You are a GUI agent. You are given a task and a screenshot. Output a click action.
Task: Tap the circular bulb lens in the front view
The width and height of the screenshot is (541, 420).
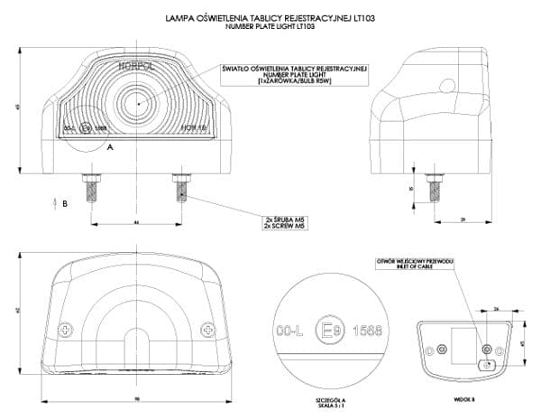click(137, 102)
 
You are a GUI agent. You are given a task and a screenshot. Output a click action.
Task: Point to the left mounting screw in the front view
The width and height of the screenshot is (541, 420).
click(91, 190)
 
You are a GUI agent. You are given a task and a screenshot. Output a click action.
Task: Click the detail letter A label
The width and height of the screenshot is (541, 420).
click(110, 145)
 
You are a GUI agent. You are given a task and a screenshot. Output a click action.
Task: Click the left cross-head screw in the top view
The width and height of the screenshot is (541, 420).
click(62, 328)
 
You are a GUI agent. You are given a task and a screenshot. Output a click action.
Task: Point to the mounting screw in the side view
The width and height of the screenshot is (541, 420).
click(436, 191)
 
